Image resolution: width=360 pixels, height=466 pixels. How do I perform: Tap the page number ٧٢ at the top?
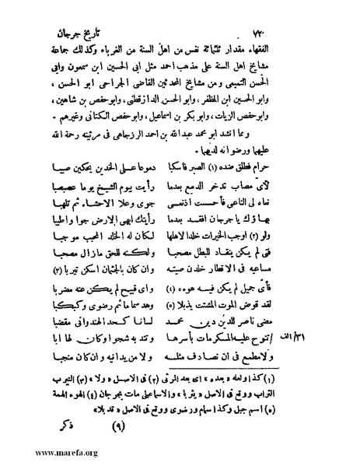78,13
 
